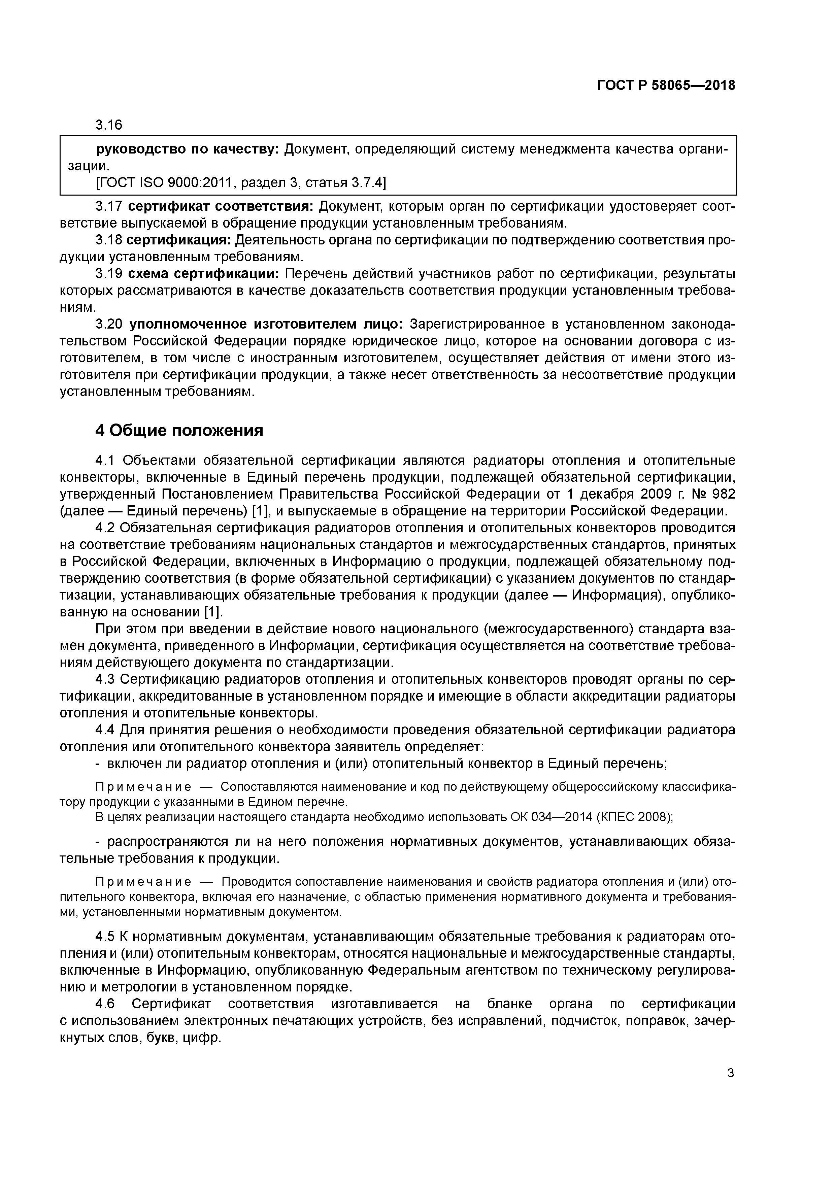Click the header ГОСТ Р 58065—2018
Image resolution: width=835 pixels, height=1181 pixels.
666,86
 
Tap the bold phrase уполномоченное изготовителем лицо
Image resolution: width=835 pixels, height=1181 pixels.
266,324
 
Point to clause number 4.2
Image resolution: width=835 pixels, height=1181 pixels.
107,528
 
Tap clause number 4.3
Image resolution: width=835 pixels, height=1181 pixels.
107,679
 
